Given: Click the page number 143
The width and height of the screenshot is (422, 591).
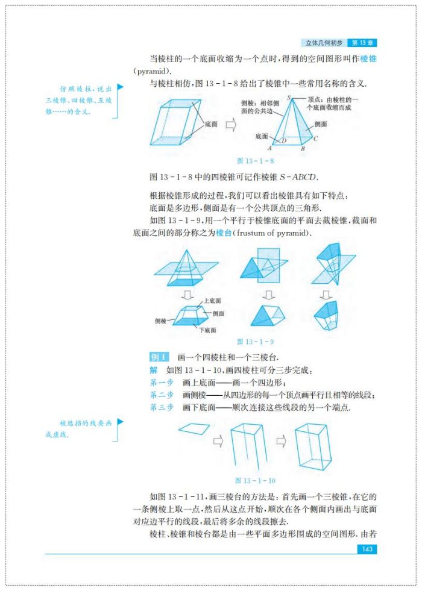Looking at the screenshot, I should click(367, 549).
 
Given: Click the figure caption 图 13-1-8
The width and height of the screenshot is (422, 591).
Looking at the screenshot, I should click(256, 161).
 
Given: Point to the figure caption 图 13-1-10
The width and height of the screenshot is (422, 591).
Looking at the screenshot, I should click(256, 480).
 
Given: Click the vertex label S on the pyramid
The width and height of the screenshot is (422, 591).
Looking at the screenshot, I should click(289, 97).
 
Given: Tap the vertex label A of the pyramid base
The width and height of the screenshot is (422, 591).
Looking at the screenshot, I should click(269, 148).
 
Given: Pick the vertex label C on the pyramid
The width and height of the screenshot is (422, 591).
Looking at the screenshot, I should click(315, 138).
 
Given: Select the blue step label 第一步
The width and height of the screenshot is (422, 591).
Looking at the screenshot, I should click(162, 382).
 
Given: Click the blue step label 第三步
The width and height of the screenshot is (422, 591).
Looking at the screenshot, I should click(162, 407).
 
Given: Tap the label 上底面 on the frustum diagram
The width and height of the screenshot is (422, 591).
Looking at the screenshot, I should click(212, 301).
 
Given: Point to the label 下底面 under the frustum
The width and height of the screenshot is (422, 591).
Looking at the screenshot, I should click(208, 330).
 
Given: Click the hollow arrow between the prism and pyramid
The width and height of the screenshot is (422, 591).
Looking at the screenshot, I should click(230, 125).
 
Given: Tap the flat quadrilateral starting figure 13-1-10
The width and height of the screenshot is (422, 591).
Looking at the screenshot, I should click(194, 428).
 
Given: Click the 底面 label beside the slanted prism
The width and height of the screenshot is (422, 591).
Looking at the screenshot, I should click(211, 124).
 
